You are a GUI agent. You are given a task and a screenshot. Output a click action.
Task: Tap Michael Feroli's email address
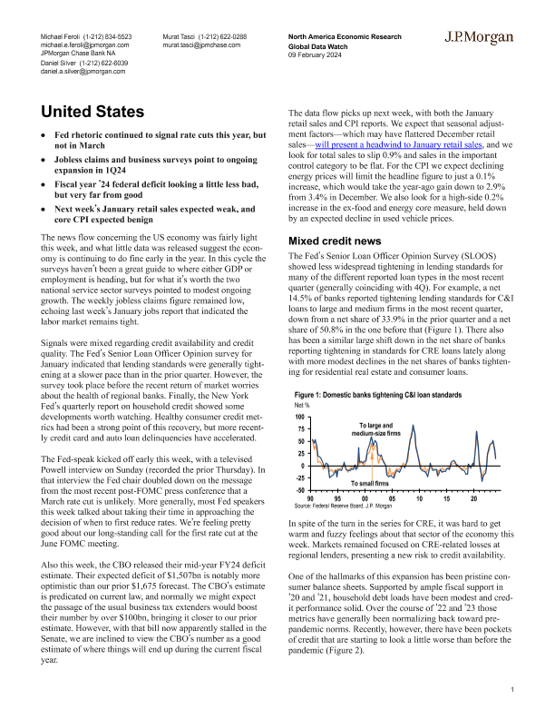[x=85, y=44]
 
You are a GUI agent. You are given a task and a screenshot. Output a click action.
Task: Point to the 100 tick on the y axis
[x=302, y=416]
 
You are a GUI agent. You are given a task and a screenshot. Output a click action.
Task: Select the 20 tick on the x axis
[x=473, y=498]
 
